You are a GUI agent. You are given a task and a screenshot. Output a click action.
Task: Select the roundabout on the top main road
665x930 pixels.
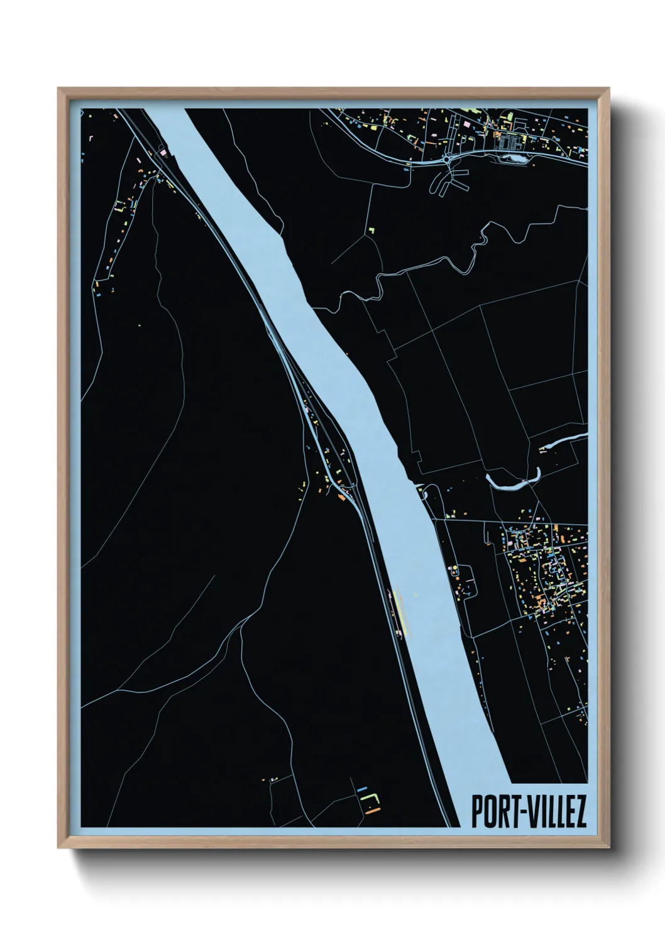[446, 160]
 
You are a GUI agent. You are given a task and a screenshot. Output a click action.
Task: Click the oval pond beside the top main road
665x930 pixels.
[515, 158]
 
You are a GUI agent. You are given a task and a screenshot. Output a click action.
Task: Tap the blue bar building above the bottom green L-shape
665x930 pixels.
[361, 788]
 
